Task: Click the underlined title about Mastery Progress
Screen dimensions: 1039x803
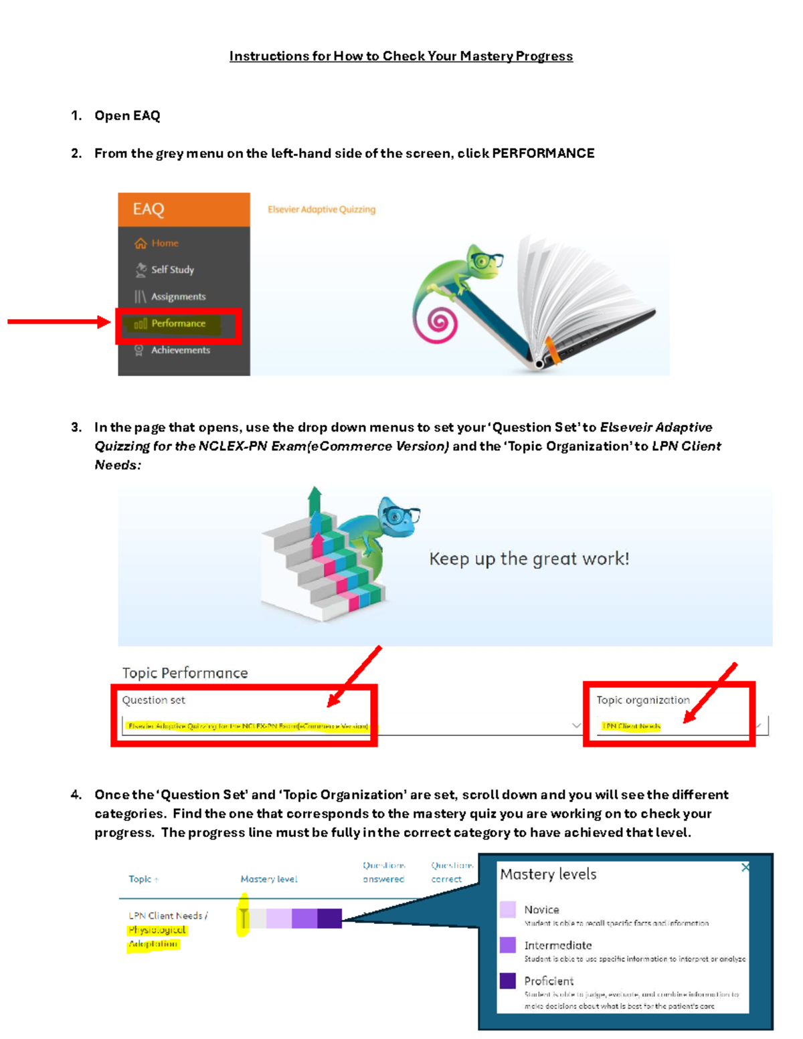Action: coord(401,56)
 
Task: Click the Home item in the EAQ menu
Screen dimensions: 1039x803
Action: coord(164,243)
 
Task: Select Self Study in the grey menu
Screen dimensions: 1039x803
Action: coord(172,270)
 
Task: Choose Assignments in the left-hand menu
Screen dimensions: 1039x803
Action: coord(178,296)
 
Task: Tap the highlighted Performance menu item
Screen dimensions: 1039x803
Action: coord(178,324)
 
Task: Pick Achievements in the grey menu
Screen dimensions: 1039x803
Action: coord(180,350)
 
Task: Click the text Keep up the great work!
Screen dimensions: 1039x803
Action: coord(529,559)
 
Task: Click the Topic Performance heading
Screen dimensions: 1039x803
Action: coord(185,673)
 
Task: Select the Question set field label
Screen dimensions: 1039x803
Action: coord(153,700)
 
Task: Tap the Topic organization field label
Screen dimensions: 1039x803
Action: coord(642,700)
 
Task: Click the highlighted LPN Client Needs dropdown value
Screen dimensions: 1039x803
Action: coord(631,726)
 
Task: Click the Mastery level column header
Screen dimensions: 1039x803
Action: coord(269,879)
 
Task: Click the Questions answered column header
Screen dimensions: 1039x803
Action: coord(383,872)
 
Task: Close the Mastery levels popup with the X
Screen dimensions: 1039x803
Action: coord(745,867)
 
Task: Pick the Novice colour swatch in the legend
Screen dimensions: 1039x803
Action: coord(508,909)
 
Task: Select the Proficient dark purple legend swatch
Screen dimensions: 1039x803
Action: coord(508,981)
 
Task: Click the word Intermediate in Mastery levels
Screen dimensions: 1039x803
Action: coord(557,945)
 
